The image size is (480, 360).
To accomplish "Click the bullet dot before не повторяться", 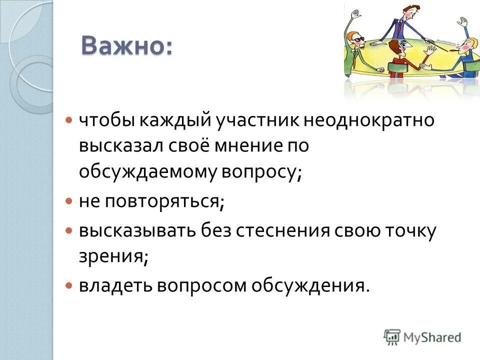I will [70, 201].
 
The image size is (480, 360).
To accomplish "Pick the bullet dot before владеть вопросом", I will [70, 285].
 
